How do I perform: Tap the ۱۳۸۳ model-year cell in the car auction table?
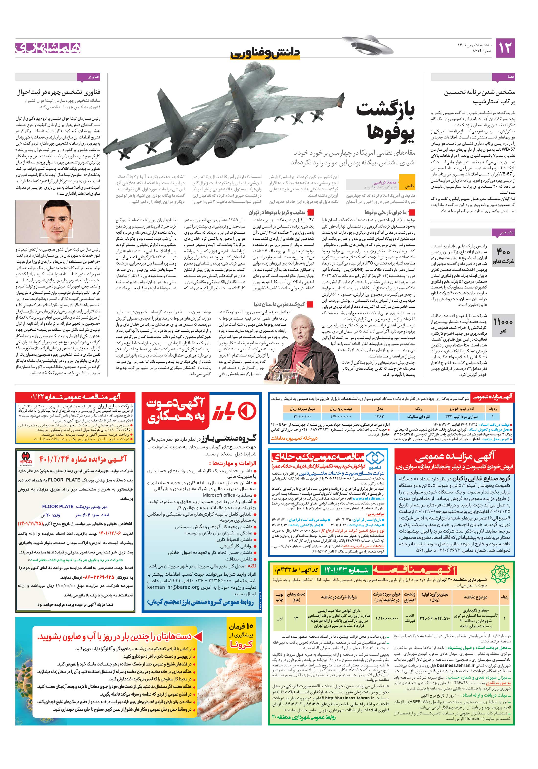pyautogui.click(x=380, y=417)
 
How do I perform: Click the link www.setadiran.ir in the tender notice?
pyautogui.click(x=369, y=498)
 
